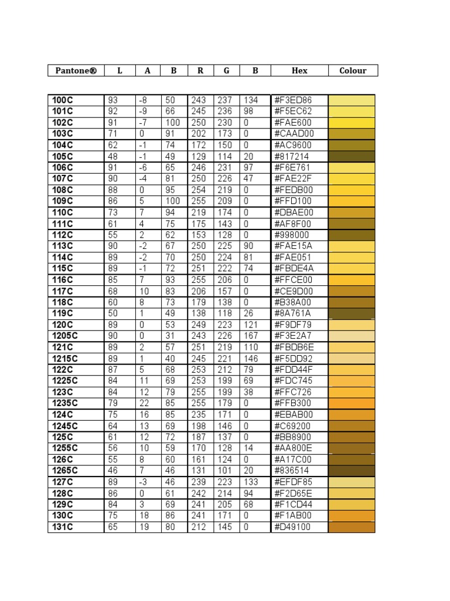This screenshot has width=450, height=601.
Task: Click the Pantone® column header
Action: point(76,70)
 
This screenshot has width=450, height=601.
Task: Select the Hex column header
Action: point(299,70)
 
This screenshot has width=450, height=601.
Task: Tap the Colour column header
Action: point(353,70)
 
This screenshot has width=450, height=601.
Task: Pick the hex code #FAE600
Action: point(293,123)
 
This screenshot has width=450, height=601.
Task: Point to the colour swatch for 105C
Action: point(352,157)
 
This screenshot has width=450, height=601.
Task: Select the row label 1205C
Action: point(64,336)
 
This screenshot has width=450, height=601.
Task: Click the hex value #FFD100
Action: point(293,201)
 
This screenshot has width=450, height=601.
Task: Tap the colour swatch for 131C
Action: point(352,527)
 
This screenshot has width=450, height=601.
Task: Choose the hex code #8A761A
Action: point(293,313)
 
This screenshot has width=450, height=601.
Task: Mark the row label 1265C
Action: point(64,471)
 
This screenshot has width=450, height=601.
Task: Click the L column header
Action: point(120,70)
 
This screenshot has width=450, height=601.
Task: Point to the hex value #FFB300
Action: point(293,403)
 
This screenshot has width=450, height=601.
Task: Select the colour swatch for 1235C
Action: point(352,403)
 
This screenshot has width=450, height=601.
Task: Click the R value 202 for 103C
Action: point(199,134)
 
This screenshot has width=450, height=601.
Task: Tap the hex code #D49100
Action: point(293,527)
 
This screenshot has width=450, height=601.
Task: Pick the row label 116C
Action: point(62,280)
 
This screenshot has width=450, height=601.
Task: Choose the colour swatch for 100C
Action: point(352,100)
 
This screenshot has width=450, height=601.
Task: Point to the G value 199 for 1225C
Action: point(224,381)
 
